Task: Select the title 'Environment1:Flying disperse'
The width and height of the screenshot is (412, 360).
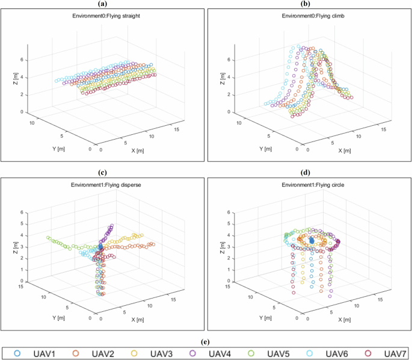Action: coord(102,188)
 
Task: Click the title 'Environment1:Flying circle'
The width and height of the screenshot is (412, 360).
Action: coord(309,188)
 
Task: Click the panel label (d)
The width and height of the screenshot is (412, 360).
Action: coord(309,174)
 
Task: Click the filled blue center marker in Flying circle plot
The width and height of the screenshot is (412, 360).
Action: coord(312,240)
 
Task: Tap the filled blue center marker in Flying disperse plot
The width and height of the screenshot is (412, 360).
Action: coord(101,247)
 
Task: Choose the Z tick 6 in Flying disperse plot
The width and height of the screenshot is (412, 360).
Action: coord(22,213)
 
